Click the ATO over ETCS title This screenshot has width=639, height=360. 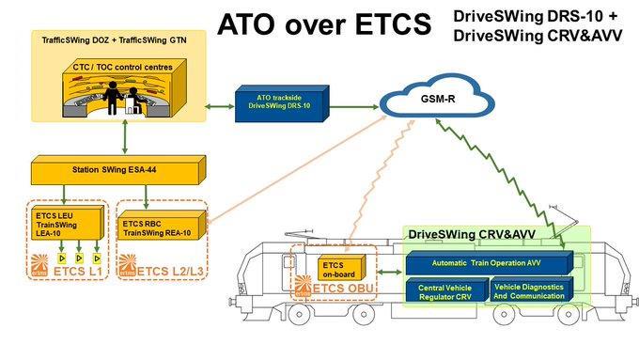(319, 25)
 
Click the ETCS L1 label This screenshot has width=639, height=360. (75, 273)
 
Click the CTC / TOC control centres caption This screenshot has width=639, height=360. (117, 68)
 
